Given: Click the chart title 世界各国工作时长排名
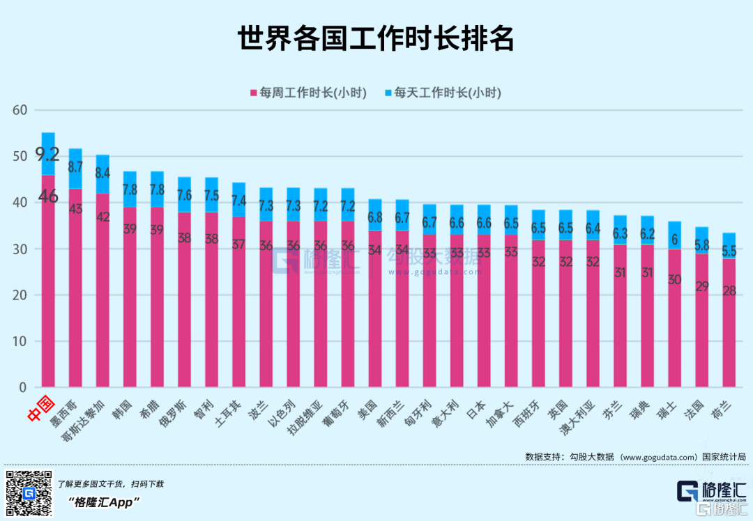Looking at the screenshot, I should click(x=376, y=40).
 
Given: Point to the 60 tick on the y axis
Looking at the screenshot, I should click(x=20, y=110).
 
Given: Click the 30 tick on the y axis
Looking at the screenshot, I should click(x=20, y=249).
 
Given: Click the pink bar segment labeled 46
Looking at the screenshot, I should click(x=48, y=279).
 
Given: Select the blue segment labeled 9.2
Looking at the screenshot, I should click(x=48, y=154).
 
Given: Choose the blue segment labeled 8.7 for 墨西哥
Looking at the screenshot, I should click(x=75, y=168).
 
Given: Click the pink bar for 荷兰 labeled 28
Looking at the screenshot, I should click(x=729, y=320).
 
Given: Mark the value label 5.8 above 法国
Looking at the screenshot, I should click(x=701, y=226).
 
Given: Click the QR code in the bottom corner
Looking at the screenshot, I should click(x=29, y=493).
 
